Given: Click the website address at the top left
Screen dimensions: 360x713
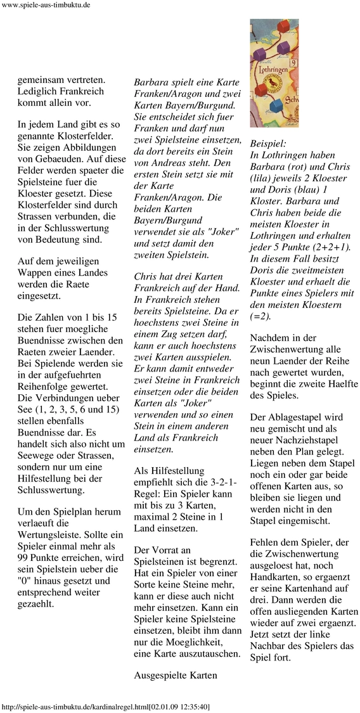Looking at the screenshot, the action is point(46,5).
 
